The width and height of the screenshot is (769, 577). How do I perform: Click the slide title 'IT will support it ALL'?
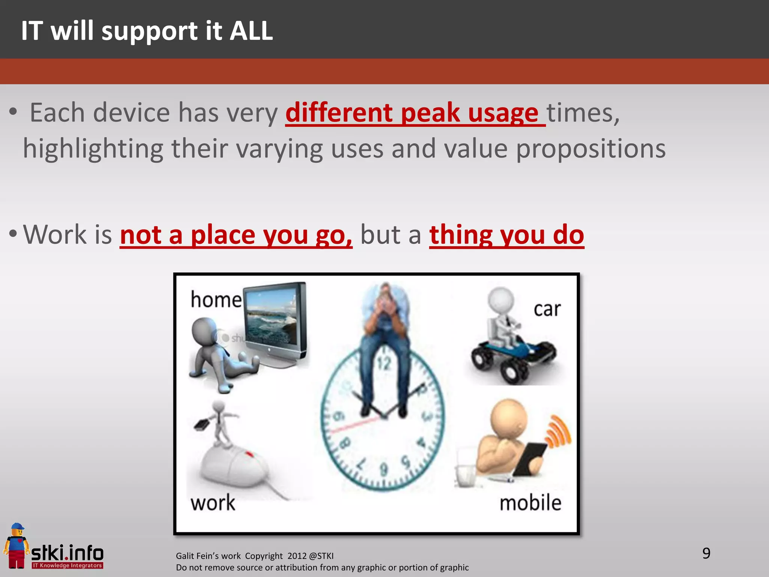tap(147, 31)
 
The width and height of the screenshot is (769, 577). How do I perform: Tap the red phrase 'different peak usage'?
tap(415, 112)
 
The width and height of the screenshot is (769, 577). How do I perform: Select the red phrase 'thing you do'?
tap(506, 235)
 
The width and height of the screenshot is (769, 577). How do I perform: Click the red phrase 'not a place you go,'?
tap(236, 235)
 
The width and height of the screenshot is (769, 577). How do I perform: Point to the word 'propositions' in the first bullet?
tap(591, 149)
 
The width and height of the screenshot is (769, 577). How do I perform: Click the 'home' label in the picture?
tap(216, 300)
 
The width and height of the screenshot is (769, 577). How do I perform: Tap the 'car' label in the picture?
tap(547, 309)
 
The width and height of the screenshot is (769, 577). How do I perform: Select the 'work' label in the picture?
tap(213, 503)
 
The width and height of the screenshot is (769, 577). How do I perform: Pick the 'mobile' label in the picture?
tap(530, 503)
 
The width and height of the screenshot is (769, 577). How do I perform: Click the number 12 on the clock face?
tap(384, 364)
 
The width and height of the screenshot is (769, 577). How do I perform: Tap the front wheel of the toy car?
tap(511, 372)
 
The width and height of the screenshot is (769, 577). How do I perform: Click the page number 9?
tap(706, 553)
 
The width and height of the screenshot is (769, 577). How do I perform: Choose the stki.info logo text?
tap(68, 553)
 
